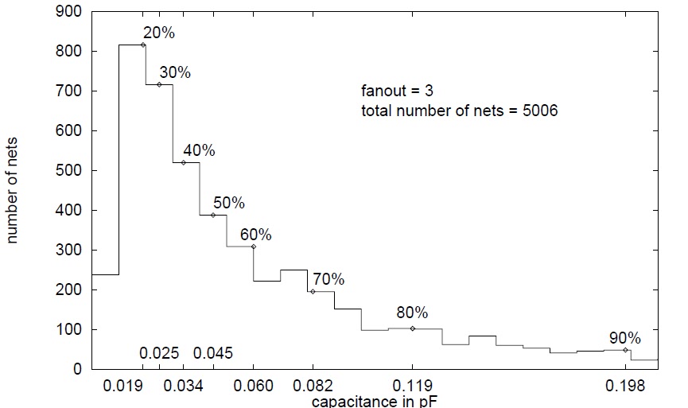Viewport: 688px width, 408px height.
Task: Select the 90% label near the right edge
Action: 624,337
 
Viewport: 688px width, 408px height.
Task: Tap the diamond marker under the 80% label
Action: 412,328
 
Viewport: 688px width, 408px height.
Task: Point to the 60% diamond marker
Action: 254,247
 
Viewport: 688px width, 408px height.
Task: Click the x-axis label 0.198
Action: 626,386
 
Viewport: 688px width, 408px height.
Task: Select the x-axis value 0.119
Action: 412,386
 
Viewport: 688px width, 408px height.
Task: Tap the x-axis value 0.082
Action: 313,386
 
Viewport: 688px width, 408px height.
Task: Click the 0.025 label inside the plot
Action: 159,353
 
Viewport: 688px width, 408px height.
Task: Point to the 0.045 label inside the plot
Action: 212,353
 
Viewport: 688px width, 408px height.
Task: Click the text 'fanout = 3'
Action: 398,91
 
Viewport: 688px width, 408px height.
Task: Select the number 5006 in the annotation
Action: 540,111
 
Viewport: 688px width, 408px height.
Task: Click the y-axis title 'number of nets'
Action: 14,191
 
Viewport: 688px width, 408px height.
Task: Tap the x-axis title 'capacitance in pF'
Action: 374,401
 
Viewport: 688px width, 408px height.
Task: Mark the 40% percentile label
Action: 199,150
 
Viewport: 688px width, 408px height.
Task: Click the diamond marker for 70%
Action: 313,292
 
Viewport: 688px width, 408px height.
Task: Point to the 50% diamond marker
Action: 213,215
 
